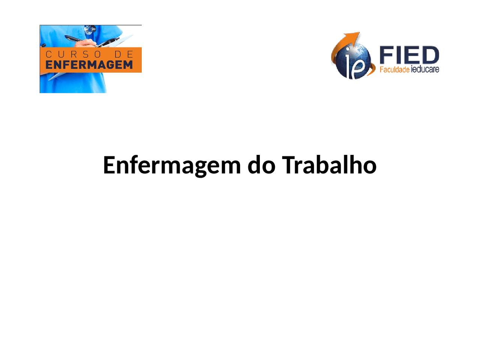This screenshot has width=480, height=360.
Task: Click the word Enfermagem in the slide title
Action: (172, 165)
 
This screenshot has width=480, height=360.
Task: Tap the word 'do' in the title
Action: (261, 165)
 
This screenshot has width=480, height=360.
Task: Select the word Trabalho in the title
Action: (329, 165)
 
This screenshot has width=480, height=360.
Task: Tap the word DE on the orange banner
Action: (124, 54)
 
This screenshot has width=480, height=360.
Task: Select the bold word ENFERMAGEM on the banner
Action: (89, 65)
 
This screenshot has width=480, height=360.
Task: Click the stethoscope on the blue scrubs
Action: (90, 30)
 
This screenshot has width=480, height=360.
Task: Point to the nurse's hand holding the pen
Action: (86, 43)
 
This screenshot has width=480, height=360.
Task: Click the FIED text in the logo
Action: (409, 55)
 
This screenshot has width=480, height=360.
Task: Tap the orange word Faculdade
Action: (394, 69)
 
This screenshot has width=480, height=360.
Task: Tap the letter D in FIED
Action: (430, 55)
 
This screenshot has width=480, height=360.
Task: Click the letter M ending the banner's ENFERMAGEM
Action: (128, 65)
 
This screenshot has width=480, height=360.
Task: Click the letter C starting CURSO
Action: (48, 54)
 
